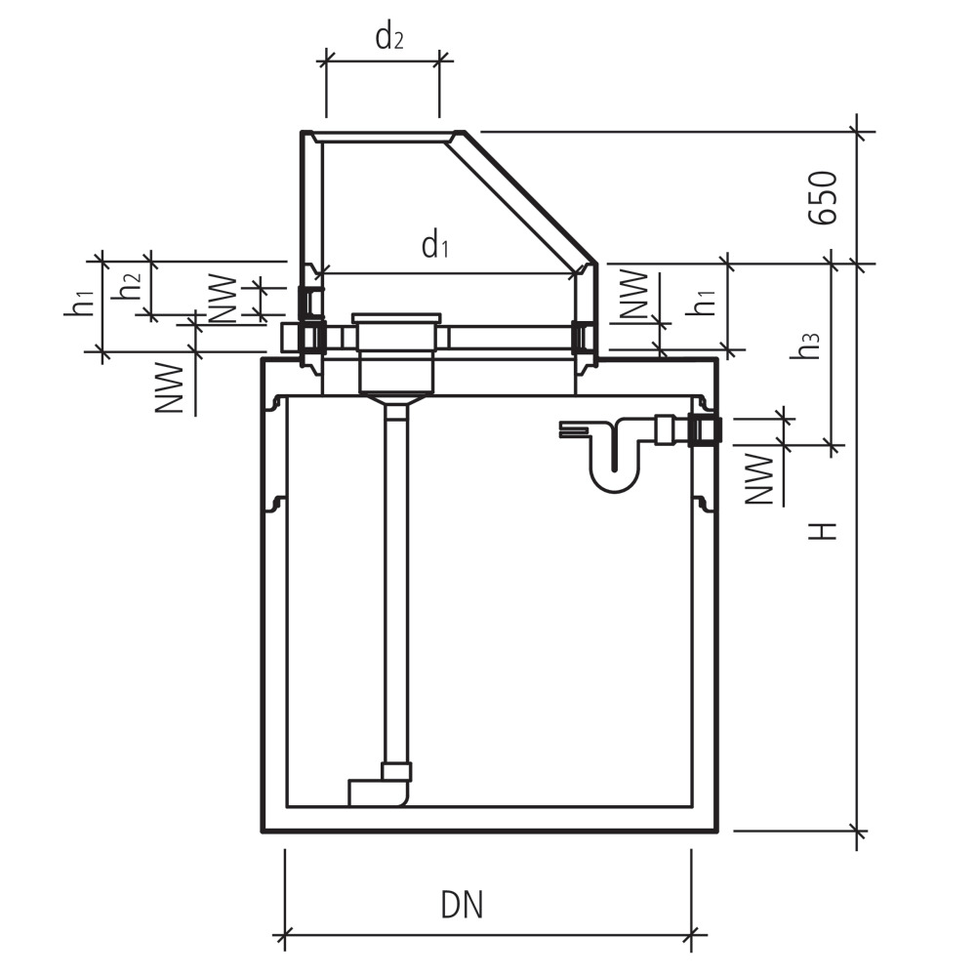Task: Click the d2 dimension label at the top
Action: (389, 38)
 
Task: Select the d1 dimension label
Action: (435, 246)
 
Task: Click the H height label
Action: (826, 530)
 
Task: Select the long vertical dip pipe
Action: (395, 586)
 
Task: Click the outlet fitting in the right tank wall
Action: (703, 429)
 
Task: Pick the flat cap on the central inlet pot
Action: (397, 317)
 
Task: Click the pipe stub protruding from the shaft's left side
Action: (290, 338)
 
